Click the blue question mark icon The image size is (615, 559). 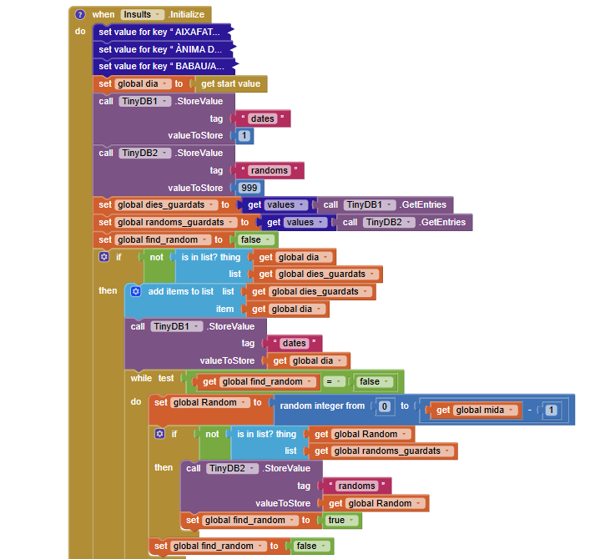pyautogui.click(x=80, y=15)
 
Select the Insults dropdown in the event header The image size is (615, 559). pyautogui.click(x=141, y=15)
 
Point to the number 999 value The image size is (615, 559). pyautogui.click(x=247, y=188)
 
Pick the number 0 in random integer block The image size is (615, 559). pyautogui.click(x=384, y=406)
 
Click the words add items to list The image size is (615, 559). pyautogui.click(x=180, y=291)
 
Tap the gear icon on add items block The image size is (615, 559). pyautogui.click(x=135, y=291)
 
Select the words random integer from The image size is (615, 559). pyautogui.click(x=321, y=406)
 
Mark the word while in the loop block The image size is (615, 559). pyautogui.click(x=140, y=378)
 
